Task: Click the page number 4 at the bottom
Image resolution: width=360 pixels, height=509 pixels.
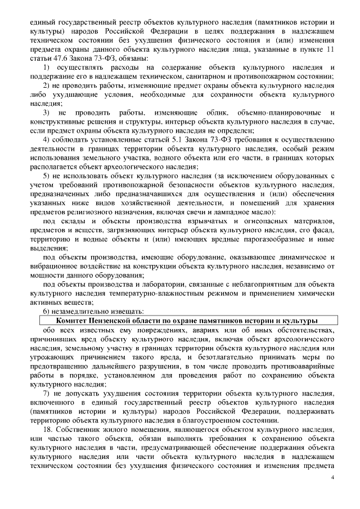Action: (332, 478)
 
